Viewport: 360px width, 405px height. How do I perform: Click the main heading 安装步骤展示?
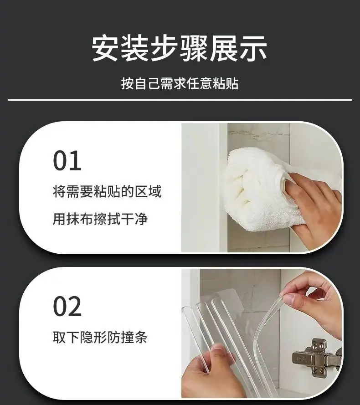180,49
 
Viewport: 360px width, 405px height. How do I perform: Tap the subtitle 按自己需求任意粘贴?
180,83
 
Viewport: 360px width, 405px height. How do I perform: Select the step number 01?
67,161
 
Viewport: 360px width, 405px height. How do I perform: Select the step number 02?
67,307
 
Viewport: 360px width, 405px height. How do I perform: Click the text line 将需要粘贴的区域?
107,191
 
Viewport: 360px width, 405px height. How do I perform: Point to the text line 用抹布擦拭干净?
100,219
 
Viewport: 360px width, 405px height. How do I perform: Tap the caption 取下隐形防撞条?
100,337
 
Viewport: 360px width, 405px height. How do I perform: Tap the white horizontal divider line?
180,100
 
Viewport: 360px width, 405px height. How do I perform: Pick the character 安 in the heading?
105,49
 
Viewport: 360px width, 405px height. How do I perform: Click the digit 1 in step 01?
76,161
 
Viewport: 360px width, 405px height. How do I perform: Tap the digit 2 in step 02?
75,307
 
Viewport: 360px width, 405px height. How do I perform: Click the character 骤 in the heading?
194,49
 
